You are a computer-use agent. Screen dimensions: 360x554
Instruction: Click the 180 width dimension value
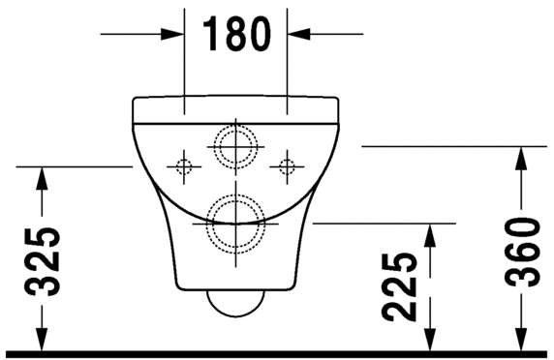coord(235,35)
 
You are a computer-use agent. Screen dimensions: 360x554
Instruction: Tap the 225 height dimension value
coord(399,286)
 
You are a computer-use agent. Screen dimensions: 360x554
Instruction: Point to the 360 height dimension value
coord(522,251)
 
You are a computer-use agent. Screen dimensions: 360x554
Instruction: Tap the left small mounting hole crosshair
coord(181,166)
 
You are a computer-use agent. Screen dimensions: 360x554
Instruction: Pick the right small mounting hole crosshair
coord(286,166)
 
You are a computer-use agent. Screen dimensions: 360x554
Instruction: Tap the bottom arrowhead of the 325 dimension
coord(41,340)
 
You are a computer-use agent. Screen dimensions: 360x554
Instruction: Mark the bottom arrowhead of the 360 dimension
coord(522,340)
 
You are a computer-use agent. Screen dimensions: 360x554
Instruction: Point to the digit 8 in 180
coord(235,35)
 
